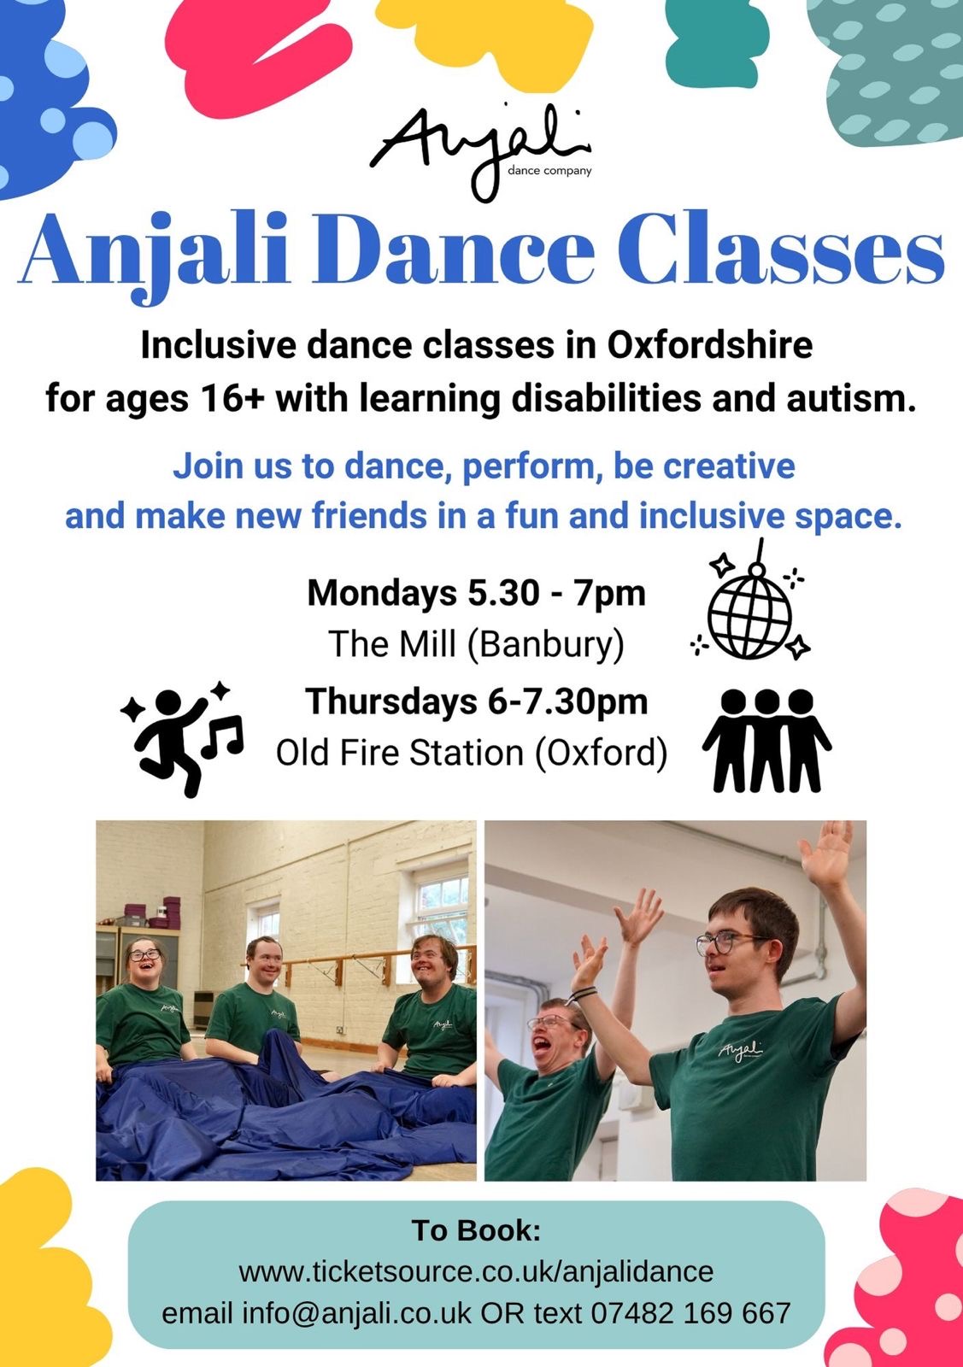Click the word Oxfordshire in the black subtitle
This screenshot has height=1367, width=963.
709,345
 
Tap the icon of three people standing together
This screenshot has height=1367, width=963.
766,740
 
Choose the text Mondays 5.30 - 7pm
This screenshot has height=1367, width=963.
476,593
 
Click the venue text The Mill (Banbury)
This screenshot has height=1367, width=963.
476,644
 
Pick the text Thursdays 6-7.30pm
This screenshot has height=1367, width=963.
476,701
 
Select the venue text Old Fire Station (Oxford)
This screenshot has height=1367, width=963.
471,753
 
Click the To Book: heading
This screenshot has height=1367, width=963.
476,1230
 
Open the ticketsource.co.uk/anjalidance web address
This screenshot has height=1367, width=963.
476,1272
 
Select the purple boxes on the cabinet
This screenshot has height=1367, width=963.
153,912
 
